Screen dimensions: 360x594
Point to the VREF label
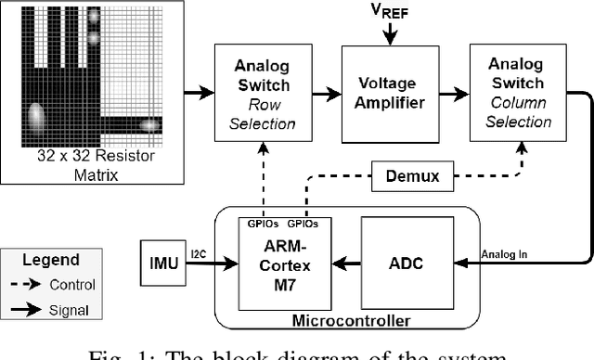pos(391,12)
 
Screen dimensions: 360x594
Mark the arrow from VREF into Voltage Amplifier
pos(391,33)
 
